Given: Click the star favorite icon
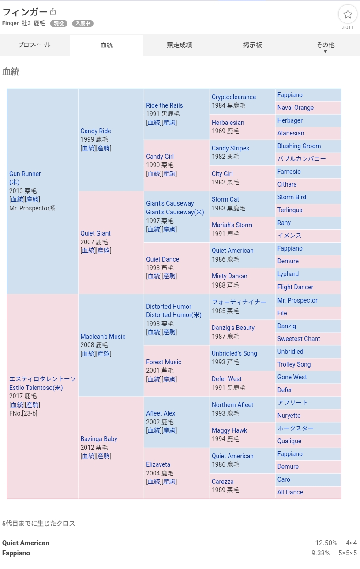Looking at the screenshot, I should point(348,14).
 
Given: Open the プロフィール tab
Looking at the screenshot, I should point(34,45).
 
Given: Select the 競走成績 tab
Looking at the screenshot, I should point(179,45).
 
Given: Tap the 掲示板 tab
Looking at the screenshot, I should point(252,45).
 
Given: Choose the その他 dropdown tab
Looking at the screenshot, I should point(325,45).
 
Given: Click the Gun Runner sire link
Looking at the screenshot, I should point(25,174).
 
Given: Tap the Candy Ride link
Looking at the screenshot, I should point(96,131).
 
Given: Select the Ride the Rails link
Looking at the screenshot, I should point(164,105).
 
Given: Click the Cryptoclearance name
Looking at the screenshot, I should point(234,97).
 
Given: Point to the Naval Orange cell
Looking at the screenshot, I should point(296,108).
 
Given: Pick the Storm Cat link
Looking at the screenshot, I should point(225,199).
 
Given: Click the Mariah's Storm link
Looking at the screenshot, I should point(232,225).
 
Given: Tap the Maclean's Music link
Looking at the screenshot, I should point(103,337).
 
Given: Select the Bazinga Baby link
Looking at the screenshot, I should point(99,439).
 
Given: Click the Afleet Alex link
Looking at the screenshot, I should point(161,413).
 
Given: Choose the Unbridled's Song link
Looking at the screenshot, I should point(234,353).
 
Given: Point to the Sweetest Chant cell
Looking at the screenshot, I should point(299,339).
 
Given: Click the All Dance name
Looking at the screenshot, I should point(290,492).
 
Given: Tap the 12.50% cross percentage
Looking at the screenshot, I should point(326,543).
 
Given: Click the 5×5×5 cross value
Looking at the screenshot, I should point(348,553).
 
